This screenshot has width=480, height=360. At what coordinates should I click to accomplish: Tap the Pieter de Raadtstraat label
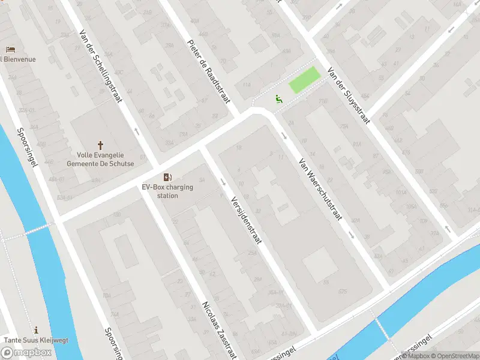[x=209, y=71]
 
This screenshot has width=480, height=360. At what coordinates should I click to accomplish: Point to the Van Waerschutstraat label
[x=320, y=188]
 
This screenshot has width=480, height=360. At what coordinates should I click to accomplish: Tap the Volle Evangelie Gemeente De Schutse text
[x=100, y=159]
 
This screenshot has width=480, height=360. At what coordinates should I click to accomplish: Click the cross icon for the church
[x=100, y=145]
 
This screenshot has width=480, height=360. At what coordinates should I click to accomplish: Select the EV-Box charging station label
[x=167, y=191]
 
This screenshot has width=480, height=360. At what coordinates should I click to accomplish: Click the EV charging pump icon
[x=167, y=177]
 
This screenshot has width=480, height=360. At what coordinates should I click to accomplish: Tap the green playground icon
[x=278, y=99]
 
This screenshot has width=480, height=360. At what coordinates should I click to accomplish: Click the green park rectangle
[x=305, y=80]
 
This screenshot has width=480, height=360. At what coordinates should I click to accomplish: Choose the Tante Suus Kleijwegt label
[x=37, y=340]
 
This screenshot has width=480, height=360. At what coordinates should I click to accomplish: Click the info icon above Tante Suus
[x=37, y=329]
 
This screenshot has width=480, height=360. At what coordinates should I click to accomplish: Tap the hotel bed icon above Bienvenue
[x=10, y=49]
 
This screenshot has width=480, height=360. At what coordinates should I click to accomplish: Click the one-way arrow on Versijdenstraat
[x=223, y=182]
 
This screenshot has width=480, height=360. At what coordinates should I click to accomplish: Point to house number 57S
[x=343, y=291]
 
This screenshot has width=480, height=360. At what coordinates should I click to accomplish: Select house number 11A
[x=247, y=85]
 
